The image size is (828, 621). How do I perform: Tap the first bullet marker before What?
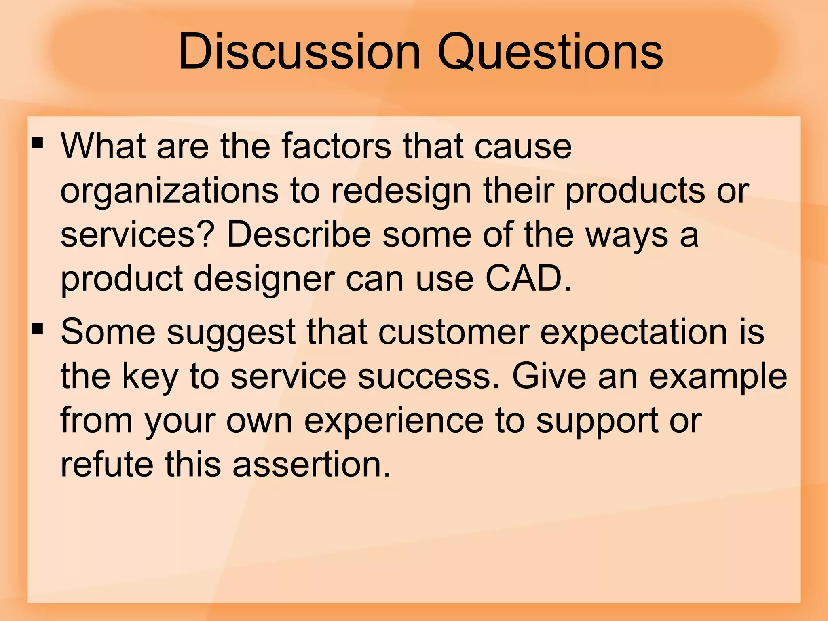pos(38,144)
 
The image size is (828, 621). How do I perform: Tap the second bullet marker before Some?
pos(38,329)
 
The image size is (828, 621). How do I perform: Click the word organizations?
pos(169,191)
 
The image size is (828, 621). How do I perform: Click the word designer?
pos(264,280)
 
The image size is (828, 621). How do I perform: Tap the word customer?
pos(454,332)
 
